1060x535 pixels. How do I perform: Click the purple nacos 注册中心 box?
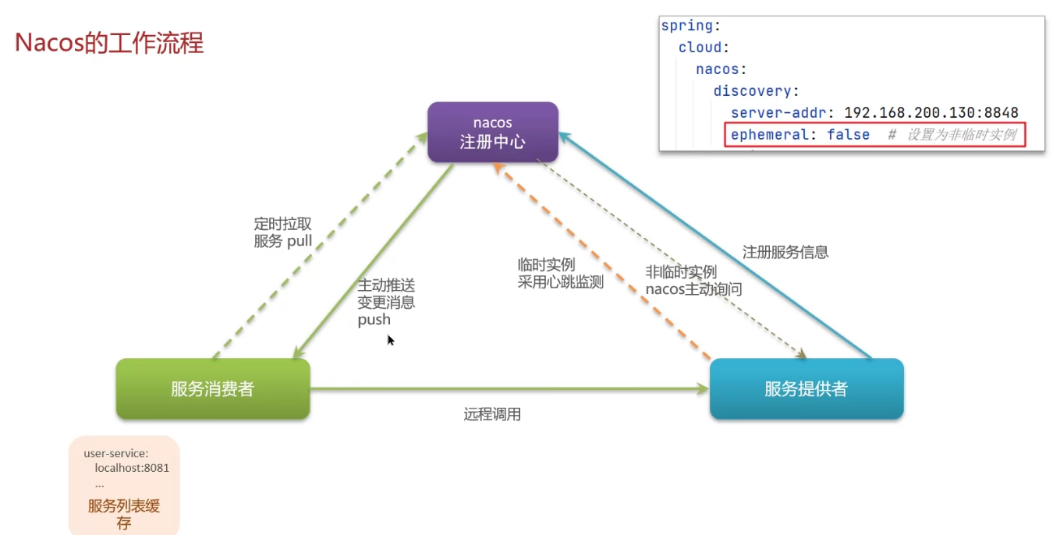click(x=492, y=132)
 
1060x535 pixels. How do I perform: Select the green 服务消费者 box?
click(x=212, y=389)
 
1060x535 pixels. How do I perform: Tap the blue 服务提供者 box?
click(x=806, y=389)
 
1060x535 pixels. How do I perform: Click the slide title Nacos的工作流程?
click(x=109, y=43)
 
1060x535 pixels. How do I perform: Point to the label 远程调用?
click(x=491, y=415)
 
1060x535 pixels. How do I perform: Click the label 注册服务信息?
click(x=785, y=252)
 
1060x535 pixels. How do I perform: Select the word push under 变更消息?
click(x=374, y=320)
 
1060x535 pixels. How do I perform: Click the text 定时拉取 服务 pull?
click(x=282, y=232)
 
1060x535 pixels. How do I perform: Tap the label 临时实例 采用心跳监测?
click(x=560, y=274)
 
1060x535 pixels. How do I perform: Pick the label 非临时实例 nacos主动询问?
click(x=693, y=281)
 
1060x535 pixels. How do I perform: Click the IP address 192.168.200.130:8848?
click(x=931, y=113)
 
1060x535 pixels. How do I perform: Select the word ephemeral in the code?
click(x=769, y=135)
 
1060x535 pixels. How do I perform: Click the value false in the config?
click(x=848, y=135)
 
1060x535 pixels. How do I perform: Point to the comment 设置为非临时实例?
click(x=961, y=135)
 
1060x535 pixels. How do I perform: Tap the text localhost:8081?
click(x=132, y=468)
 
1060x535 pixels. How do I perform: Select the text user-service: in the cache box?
click(x=116, y=453)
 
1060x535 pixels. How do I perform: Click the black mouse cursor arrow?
click(x=390, y=340)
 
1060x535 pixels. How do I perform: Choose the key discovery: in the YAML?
click(x=756, y=91)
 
